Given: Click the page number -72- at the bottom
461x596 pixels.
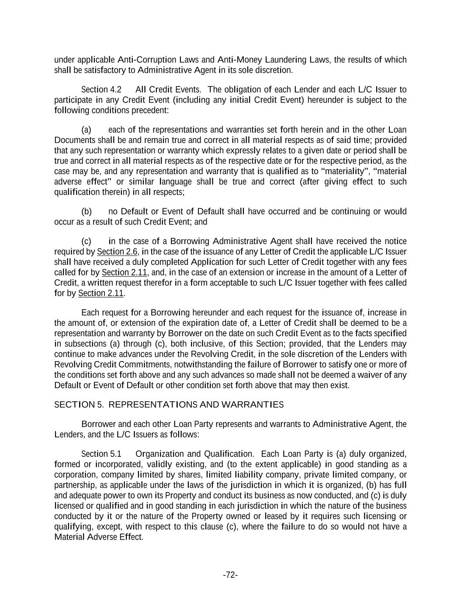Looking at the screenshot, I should point(230,575).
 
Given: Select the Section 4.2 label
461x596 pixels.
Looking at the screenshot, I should point(101,90).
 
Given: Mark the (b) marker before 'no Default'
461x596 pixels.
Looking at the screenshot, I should point(87,212).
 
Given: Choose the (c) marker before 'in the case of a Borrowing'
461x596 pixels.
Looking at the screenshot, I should point(87,241).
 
